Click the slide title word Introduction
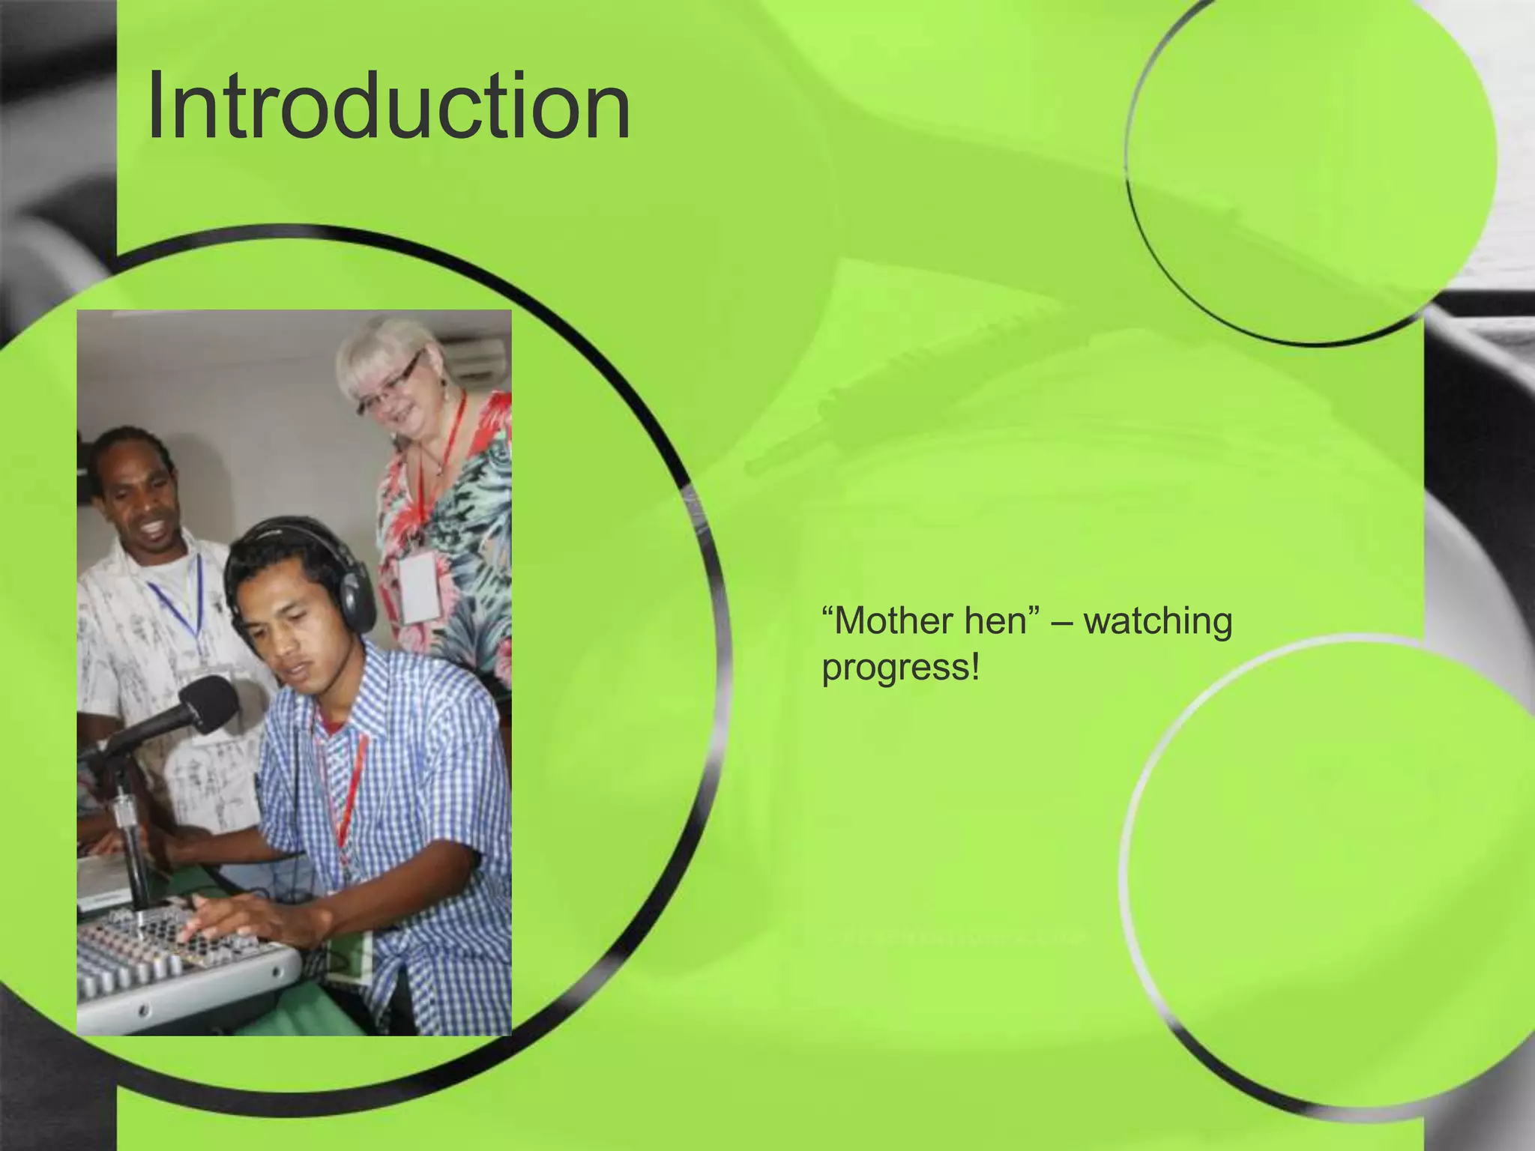coord(388,106)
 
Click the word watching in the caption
coord(1158,621)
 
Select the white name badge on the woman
coord(417,590)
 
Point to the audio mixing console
coord(180,967)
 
